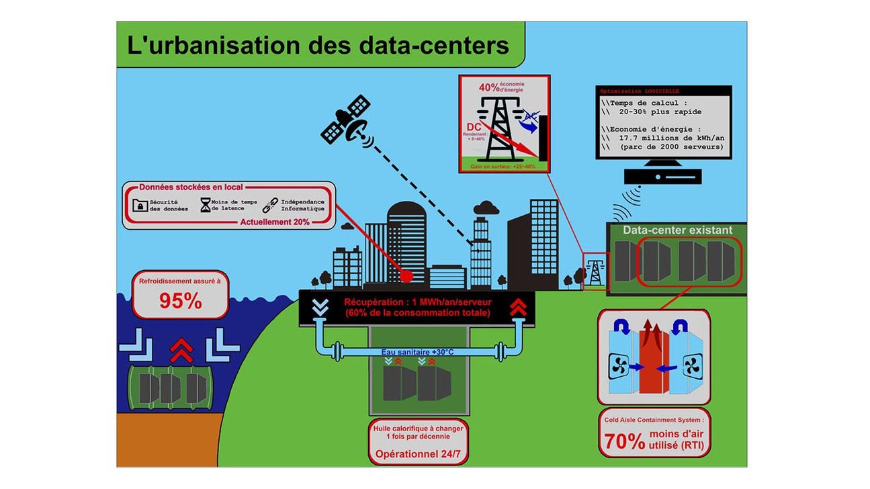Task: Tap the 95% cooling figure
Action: coord(180,302)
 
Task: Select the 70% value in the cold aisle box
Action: coord(623,441)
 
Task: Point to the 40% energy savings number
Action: coord(490,88)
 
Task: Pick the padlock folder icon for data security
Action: coord(140,205)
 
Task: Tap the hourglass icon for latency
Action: coord(205,205)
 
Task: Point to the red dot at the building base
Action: coord(406,276)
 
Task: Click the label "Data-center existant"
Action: coord(677,230)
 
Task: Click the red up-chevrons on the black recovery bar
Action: coord(517,307)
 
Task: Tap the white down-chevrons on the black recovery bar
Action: coord(320,307)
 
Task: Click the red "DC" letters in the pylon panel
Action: coord(474,127)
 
